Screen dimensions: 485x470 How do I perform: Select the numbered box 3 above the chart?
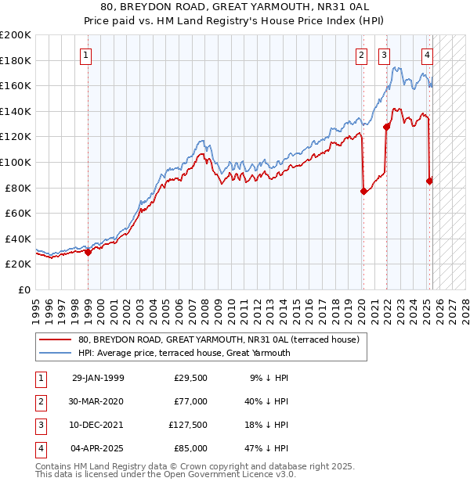[385, 55]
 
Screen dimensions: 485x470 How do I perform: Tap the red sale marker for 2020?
[363, 191]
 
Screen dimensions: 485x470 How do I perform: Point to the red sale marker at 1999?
[88, 252]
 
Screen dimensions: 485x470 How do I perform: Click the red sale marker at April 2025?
[429, 181]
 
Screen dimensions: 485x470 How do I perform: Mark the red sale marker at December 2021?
[386, 127]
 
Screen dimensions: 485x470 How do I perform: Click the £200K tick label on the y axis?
[16, 35]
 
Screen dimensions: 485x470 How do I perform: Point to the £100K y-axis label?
[16, 162]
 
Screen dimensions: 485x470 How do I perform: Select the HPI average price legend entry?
[184, 353]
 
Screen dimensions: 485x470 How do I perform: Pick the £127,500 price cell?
[188, 425]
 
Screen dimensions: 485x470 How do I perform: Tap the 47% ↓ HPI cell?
[267, 449]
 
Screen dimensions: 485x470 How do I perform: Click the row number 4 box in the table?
[40, 449]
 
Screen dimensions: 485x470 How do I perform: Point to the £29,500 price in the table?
[190, 378]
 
